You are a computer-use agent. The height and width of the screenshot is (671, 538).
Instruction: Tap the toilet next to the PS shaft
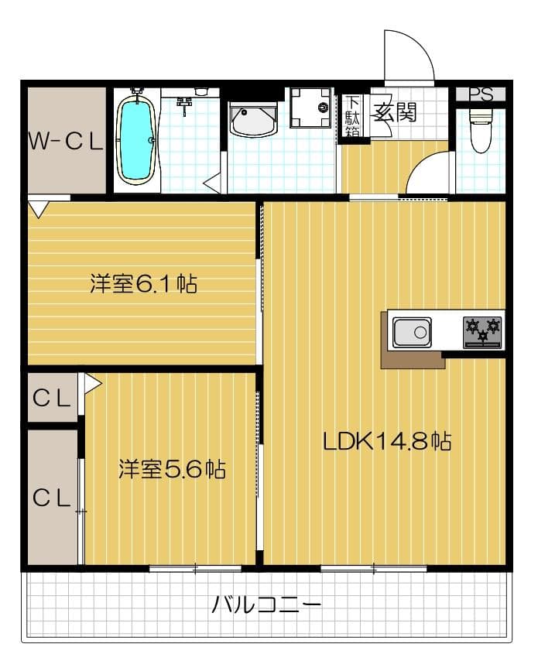[481, 132]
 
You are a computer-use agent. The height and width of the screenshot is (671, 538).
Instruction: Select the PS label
[481, 94]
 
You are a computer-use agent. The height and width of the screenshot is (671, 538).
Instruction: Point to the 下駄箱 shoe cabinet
[352, 116]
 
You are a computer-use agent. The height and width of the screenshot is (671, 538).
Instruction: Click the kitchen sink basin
[411, 334]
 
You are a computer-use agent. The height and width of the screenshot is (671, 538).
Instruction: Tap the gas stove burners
[482, 332]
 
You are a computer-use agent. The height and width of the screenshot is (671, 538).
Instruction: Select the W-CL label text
[65, 141]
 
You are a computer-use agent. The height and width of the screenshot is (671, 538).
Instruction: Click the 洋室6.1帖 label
[143, 285]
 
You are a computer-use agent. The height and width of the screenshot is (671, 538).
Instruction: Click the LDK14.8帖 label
[387, 442]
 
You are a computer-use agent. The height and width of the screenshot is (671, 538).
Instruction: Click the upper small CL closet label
[52, 399]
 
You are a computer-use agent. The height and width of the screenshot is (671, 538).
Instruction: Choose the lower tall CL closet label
[52, 498]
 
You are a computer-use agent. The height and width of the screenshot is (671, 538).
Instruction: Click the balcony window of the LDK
[374, 570]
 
